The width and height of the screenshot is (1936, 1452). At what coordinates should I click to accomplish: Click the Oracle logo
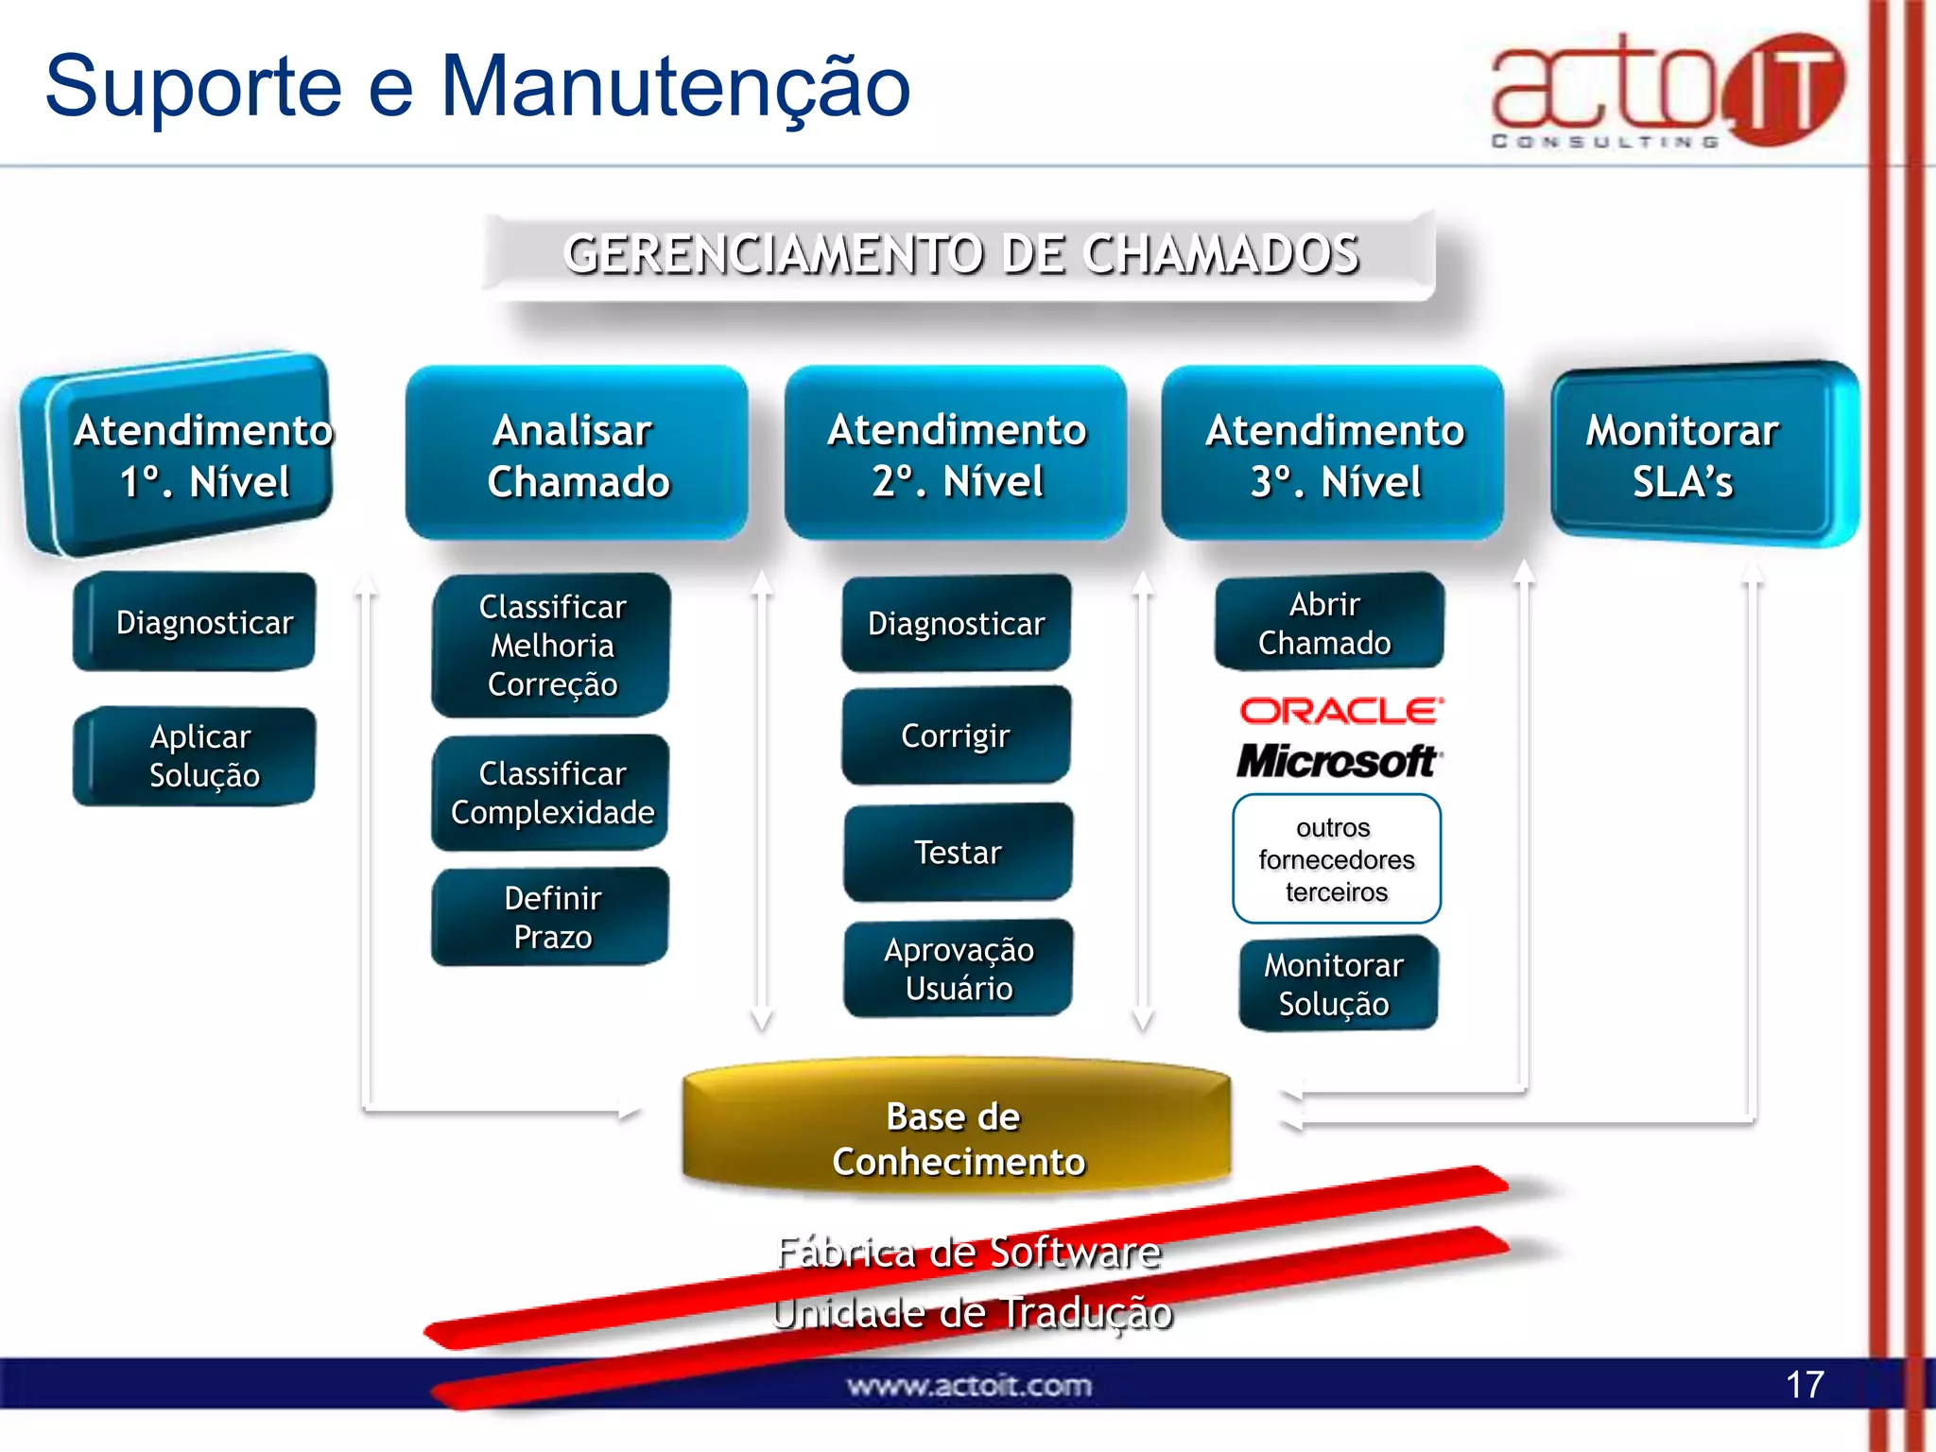pyautogui.click(x=1340, y=711)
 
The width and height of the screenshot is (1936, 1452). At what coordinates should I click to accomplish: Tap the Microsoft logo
pyautogui.click(x=1339, y=761)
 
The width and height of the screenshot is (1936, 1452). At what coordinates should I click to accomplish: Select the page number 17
pyautogui.click(x=1804, y=1385)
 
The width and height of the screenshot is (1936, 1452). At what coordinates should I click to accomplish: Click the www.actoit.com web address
pyautogui.click(x=969, y=1386)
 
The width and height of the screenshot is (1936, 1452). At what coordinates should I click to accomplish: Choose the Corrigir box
pyautogui.click(x=956, y=735)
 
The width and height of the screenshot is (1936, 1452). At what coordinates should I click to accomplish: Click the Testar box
pyautogui.click(x=958, y=853)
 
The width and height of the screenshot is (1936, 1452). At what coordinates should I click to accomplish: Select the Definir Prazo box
pyautogui.click(x=551, y=917)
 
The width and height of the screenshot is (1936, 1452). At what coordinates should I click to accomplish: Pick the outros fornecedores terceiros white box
pyautogui.click(x=1336, y=859)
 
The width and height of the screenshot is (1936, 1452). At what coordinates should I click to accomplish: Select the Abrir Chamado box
pyautogui.click(x=1328, y=623)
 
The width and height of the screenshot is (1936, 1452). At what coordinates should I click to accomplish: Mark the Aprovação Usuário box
pyautogui.click(x=959, y=969)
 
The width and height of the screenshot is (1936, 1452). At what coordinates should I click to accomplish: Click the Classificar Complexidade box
pyautogui.click(x=551, y=792)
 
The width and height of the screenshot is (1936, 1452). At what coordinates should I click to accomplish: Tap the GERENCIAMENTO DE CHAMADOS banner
pyautogui.click(x=959, y=255)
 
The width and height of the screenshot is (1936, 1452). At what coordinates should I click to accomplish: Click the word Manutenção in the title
pyautogui.click(x=675, y=87)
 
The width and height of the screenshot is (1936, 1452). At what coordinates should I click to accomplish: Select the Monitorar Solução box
pyautogui.click(x=1337, y=984)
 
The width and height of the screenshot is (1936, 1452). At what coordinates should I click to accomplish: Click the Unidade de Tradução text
pyautogui.click(x=972, y=1313)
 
